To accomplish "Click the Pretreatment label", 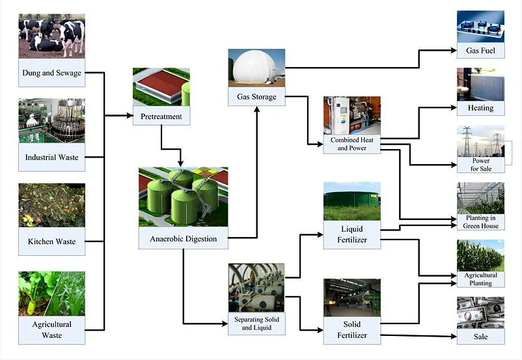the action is click(161, 117).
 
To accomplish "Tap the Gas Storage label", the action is click(256, 97).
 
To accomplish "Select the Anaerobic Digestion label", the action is click(183, 239).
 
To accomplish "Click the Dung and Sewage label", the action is click(51, 73).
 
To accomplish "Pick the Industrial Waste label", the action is click(51, 157).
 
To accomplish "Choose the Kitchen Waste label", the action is click(51, 242).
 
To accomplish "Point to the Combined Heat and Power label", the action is click(352, 144).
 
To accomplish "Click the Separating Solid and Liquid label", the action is click(256, 324).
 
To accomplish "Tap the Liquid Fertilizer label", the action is click(352, 234).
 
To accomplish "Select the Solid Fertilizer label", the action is click(352, 329).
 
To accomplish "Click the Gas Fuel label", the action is click(480, 51).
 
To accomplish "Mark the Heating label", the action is click(480, 108).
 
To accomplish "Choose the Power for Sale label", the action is click(481, 165).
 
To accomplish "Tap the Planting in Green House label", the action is click(480, 222).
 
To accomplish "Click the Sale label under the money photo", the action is click(480, 337).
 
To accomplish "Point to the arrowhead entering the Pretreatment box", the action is click(130, 116).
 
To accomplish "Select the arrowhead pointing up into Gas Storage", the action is click(256, 109).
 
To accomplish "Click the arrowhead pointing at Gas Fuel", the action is click(454, 50).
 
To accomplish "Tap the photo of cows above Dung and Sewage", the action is click(51, 36).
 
